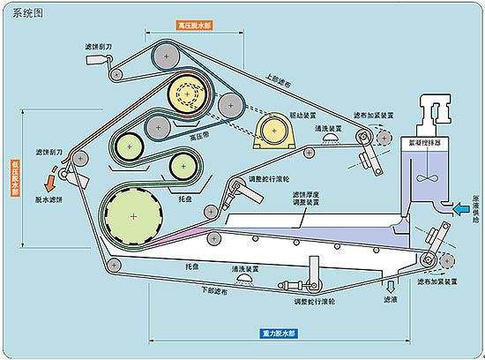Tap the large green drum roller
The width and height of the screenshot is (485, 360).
131,215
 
